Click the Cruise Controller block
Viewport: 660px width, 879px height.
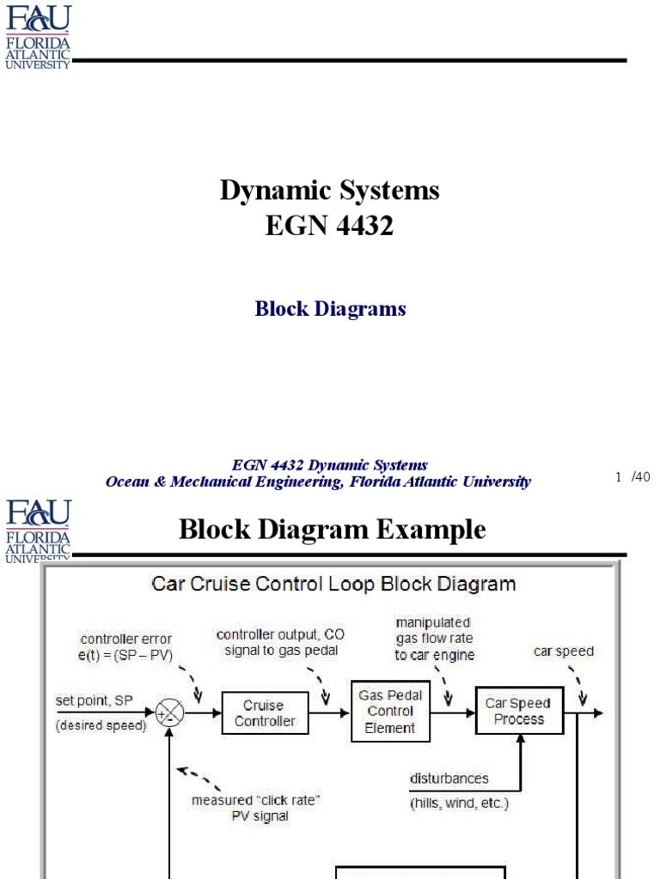[x=265, y=713]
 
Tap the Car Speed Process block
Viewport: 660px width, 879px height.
[x=519, y=711]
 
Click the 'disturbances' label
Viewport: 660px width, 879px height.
[x=449, y=779]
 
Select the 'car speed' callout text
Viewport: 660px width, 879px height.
[x=563, y=651]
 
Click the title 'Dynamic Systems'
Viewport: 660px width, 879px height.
[x=329, y=190]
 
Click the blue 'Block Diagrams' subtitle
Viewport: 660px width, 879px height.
[x=330, y=309]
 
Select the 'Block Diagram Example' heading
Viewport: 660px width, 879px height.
[x=332, y=530]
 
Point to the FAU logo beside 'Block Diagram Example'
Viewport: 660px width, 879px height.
[x=38, y=530]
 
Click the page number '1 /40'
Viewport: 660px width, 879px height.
[x=633, y=477]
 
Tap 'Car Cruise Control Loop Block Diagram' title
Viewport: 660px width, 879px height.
[x=333, y=585]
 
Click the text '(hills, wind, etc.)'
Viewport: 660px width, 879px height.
[x=459, y=803]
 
